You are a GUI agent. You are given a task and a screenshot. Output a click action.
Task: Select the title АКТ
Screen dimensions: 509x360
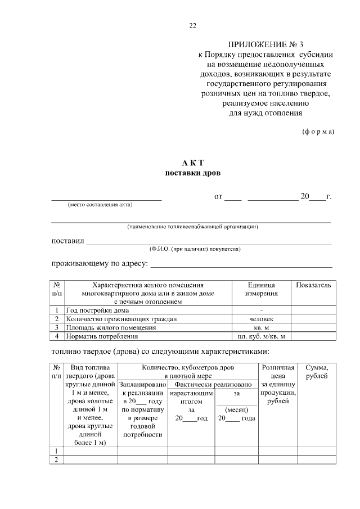[192, 163]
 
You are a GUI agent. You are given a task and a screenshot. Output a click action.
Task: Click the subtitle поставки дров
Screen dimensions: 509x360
[192, 173]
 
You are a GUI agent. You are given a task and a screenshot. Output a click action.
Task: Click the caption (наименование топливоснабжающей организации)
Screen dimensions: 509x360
[192, 227]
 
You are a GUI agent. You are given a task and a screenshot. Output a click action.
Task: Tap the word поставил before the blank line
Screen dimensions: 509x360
[67, 241]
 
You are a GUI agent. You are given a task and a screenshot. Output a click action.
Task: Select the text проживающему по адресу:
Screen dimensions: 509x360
[100, 263]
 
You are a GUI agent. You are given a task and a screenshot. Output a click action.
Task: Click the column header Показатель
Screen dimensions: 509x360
[313, 286]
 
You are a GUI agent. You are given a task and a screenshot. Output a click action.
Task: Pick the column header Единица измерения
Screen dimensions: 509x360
[262, 290]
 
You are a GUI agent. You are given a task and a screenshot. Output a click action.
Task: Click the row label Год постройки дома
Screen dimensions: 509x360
[97, 310]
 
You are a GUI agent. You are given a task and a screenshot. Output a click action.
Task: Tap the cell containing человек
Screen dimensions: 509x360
[262, 319]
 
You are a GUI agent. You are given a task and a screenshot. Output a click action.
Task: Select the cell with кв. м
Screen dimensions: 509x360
[262, 328]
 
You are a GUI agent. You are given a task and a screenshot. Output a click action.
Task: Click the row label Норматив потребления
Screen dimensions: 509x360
[102, 337]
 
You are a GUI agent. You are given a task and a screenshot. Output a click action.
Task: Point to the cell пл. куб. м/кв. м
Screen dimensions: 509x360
[262, 337]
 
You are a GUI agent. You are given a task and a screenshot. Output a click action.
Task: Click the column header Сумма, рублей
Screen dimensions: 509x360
[316, 372]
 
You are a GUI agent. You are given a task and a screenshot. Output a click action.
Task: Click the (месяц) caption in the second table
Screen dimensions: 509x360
[237, 409]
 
